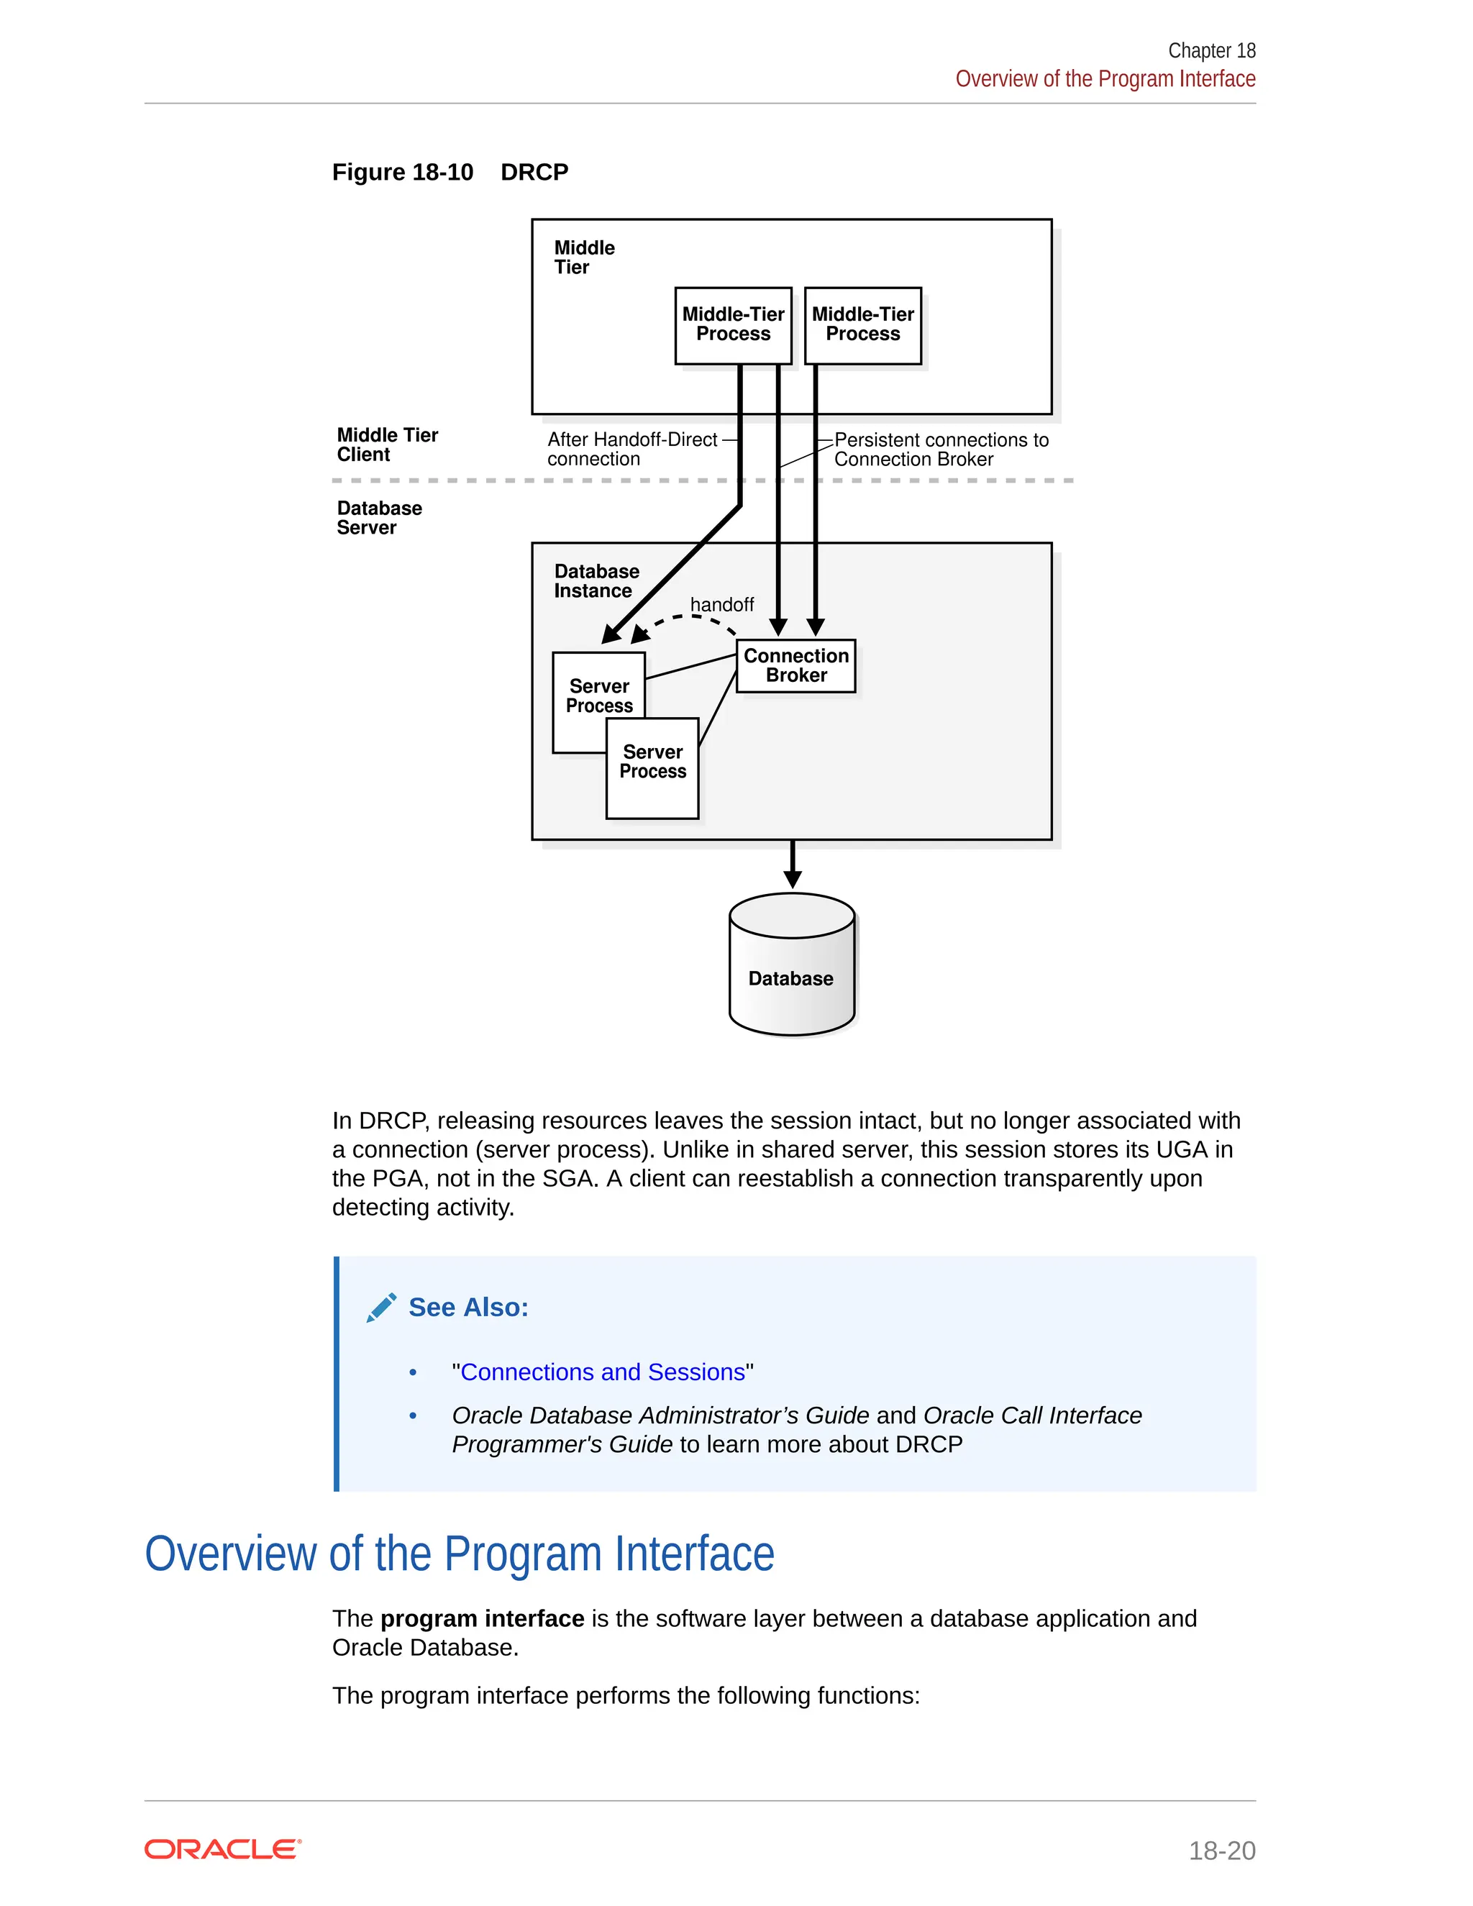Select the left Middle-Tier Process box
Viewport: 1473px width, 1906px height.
733,324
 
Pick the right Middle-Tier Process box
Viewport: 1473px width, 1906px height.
862,324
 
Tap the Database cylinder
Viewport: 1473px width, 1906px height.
791,967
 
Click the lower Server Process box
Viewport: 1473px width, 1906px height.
653,769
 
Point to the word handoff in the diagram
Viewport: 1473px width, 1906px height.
721,605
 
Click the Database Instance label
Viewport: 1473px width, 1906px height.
596,581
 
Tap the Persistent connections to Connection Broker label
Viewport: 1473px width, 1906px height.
940,450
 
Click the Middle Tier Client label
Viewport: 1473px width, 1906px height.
386,445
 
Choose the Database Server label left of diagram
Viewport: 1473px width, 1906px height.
379,518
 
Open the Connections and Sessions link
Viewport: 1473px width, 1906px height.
602,1372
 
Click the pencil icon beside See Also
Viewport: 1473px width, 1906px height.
381,1308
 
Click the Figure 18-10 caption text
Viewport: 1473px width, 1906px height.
450,172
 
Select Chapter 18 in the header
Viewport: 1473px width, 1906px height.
1211,50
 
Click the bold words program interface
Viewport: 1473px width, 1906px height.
482,1619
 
